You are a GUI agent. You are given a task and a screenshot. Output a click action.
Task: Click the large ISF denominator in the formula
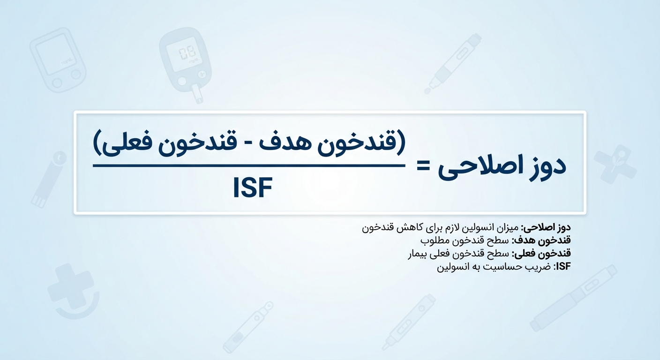tap(253, 188)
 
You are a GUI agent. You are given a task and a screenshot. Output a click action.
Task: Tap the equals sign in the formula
tap(423, 167)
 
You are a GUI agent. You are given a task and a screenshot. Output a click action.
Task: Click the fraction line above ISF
tap(249, 166)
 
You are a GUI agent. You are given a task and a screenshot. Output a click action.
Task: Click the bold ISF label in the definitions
tap(563, 266)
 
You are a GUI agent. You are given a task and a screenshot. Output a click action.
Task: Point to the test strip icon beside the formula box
tap(49, 180)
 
